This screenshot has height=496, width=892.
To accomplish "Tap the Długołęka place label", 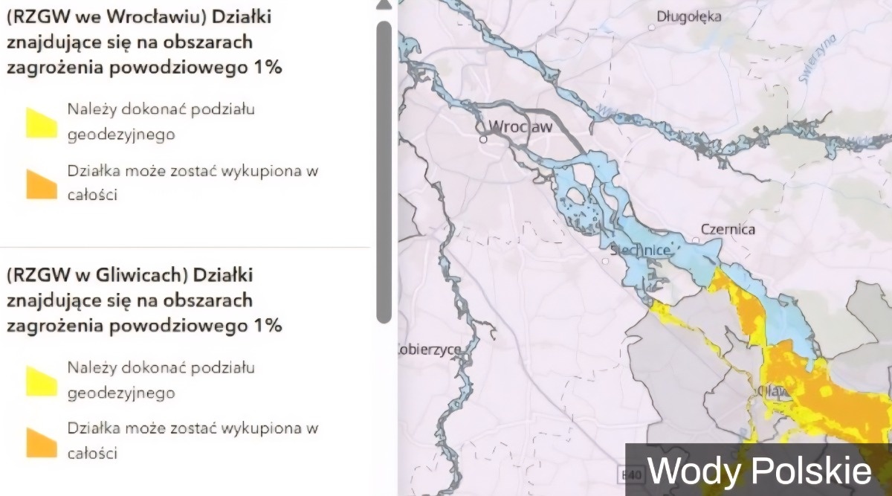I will [x=689, y=16].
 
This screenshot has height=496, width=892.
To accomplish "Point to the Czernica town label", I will [x=728, y=229].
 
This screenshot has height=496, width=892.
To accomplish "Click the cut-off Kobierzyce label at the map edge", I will [x=430, y=349].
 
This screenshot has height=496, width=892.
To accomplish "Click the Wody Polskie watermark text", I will [x=759, y=471].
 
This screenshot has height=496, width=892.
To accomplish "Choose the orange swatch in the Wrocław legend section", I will [x=42, y=184].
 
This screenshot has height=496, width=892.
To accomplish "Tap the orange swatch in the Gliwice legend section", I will [x=42, y=442].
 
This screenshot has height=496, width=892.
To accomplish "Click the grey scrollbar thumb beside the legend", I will [x=384, y=171].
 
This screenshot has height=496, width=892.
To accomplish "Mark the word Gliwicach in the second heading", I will [x=139, y=275].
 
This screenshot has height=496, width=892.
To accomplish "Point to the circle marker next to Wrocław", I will [x=482, y=138].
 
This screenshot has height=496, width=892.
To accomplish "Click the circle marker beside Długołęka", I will [x=652, y=27].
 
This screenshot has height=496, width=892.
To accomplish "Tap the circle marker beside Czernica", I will [x=695, y=239].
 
